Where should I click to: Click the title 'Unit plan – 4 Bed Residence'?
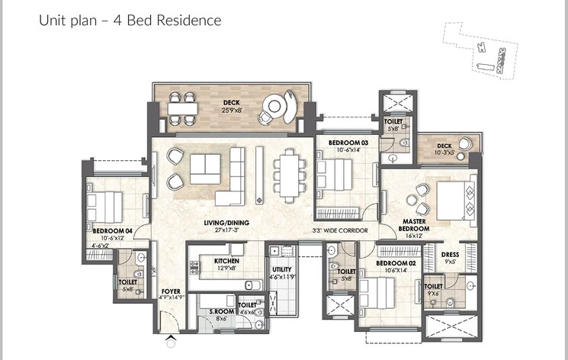(130, 21)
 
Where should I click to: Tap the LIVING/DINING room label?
(206, 222)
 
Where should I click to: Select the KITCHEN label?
(226, 261)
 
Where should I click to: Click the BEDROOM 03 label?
(348, 143)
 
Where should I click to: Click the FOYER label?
(170, 291)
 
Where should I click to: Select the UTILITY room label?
(282, 268)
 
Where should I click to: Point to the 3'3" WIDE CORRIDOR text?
(340, 230)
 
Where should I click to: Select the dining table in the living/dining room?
(287, 175)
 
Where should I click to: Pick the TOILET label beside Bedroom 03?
(393, 121)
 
